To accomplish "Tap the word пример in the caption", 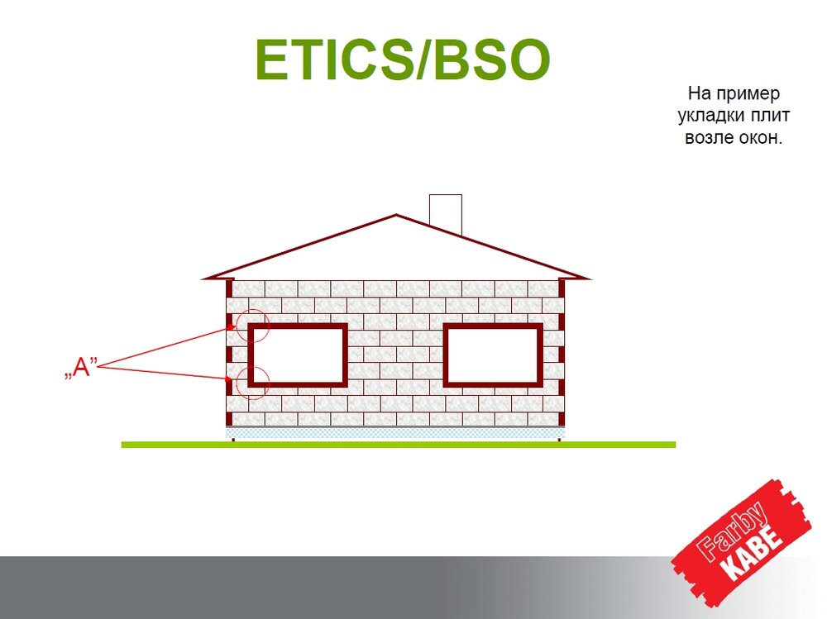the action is tap(748, 94).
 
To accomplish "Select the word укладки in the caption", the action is tap(710, 116).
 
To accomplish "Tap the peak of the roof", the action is tap(396, 215).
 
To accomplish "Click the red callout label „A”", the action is tap(81, 368).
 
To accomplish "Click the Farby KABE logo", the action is tap(741, 540).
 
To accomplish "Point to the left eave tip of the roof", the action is tap(202, 279).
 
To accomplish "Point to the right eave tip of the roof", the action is tap(590, 279).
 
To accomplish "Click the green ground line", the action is tap(399, 445).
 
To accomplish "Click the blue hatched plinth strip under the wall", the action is tap(395, 433).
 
